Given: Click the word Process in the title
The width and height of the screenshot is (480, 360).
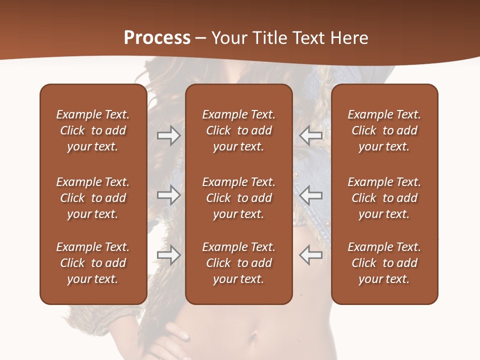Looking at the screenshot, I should click(157, 38).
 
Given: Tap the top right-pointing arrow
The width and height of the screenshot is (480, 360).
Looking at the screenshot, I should click(168, 135).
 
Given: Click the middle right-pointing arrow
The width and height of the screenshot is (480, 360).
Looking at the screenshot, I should click(168, 195).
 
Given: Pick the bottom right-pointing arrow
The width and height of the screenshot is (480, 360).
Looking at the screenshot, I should click(168, 255).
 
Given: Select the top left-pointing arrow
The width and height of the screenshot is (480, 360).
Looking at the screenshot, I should click(310, 135).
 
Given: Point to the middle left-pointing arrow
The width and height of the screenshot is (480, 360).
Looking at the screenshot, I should click(310, 195).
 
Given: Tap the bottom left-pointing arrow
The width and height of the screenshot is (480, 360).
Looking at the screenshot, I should click(310, 255).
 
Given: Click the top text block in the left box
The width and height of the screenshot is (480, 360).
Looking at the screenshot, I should click(93, 130).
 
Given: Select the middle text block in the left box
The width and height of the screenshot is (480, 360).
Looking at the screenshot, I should click(93, 198).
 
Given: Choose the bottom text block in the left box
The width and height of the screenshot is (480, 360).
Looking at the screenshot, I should click(93, 263).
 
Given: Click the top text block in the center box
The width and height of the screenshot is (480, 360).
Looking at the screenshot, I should click(238, 130).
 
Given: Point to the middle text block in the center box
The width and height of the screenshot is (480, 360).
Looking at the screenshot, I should click(238, 198).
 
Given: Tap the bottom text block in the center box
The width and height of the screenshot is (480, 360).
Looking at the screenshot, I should click(238, 263).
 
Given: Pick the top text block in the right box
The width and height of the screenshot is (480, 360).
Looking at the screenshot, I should click(384, 130).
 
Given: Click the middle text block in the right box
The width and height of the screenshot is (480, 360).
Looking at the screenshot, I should click(384, 198).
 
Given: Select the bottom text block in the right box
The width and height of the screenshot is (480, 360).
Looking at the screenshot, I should click(384, 263).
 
